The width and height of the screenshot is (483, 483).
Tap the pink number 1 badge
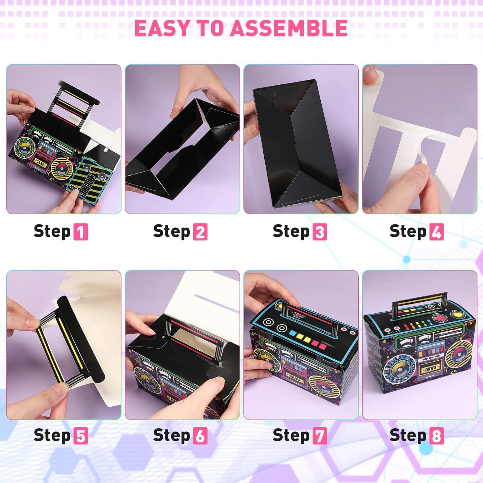click(x=80, y=232)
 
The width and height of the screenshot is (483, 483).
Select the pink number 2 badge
click(x=200, y=232)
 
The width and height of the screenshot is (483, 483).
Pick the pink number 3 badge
click(x=319, y=232)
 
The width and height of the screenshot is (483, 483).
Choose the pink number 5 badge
click(x=80, y=436)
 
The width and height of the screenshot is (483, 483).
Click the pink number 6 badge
click(x=200, y=436)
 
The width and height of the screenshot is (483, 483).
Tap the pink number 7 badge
click(x=319, y=436)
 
